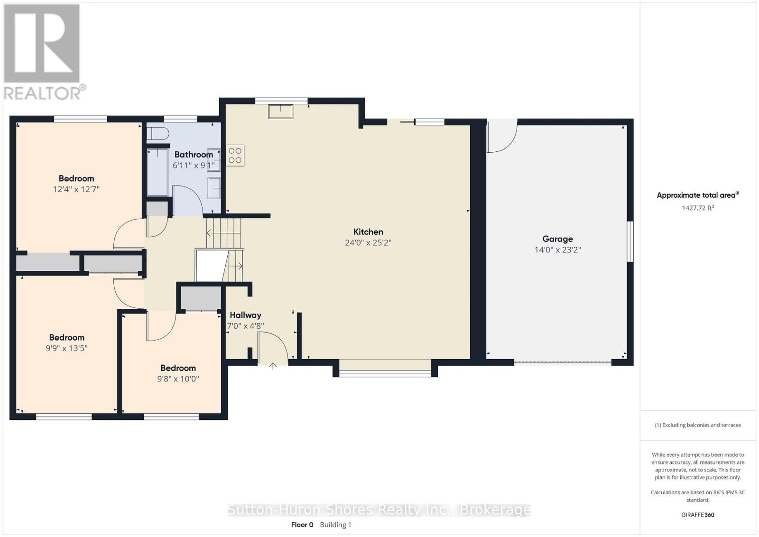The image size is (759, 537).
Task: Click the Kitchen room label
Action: point(368,232)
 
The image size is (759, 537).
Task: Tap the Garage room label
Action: point(557,239)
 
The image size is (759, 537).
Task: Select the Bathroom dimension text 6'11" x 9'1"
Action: point(194,166)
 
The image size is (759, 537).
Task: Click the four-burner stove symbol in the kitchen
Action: point(235,156)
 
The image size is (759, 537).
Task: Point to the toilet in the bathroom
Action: point(157,133)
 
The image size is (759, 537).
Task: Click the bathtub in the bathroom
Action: point(157,173)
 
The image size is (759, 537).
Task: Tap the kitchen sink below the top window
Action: point(280,111)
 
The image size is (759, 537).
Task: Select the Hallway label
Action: point(245,315)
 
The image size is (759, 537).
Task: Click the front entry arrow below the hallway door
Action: point(273,366)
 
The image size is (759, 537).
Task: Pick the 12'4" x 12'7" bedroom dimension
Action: point(76,189)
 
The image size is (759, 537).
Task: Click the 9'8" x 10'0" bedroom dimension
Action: point(178,379)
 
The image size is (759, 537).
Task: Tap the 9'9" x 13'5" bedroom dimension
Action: point(67,348)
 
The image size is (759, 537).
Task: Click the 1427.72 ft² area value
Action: point(698,208)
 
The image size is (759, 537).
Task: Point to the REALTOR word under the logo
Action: point(42,93)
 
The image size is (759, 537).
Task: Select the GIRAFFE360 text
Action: point(698,515)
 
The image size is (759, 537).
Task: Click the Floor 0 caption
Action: point(302,525)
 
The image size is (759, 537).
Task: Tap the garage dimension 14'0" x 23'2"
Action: point(558,250)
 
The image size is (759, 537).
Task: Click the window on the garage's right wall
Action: point(630,241)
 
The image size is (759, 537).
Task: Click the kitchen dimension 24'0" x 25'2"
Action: point(368,242)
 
